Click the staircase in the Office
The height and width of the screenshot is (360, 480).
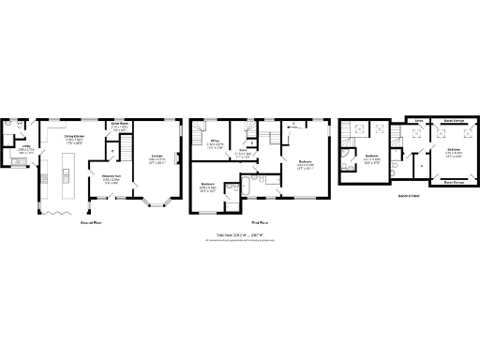click(198, 138)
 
